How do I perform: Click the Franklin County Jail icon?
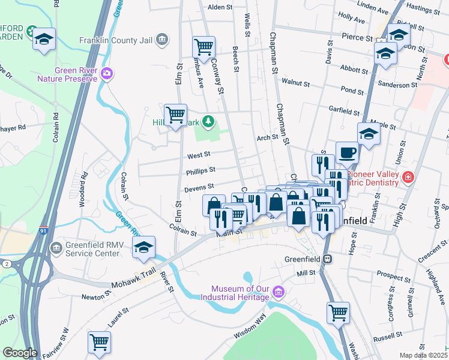click(161, 40)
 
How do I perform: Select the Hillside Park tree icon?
click(208, 122)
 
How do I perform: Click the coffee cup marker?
click(346, 152)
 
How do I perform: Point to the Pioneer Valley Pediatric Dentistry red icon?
click(408, 178)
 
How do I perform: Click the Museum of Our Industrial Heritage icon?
click(278, 293)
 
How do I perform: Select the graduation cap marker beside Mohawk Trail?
click(144, 247)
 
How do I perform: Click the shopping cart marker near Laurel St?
click(99, 342)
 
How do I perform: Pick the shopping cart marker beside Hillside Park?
click(175, 114)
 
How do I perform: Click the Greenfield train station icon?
click(327, 260)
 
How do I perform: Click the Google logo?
click(20, 353)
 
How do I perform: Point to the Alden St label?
click(219, 7)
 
